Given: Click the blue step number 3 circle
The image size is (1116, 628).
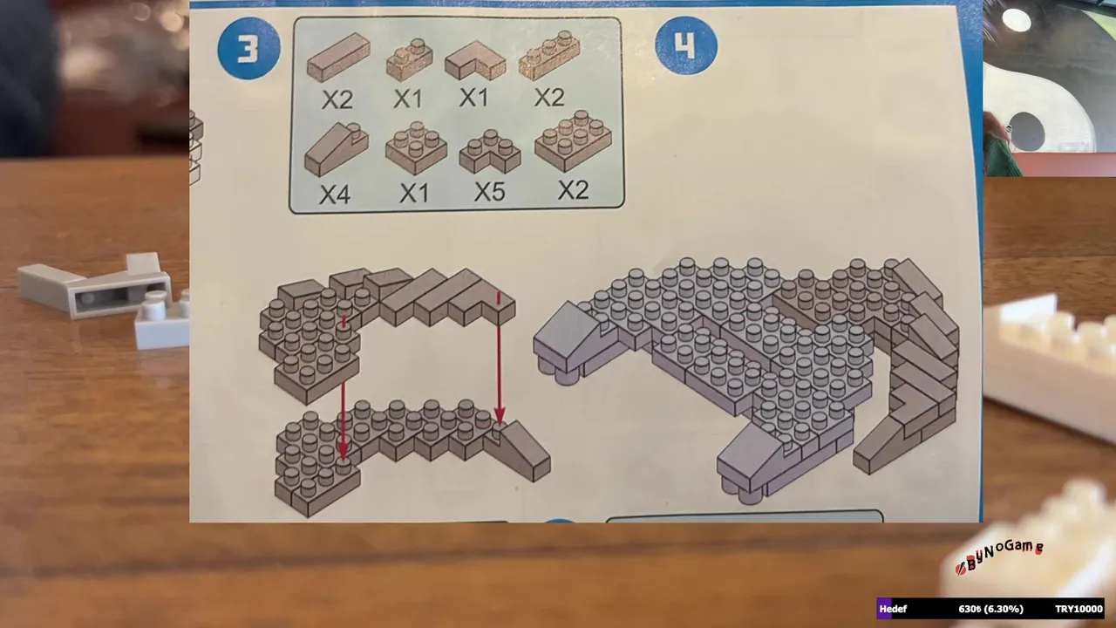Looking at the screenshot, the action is coord(248,48).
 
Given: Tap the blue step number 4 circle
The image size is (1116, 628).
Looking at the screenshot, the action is coord(686,45).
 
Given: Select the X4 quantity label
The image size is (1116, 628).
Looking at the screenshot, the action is coord(335,195).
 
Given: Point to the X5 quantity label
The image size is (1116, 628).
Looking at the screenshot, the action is coord(490,191).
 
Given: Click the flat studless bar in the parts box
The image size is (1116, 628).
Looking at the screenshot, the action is coord(338,58).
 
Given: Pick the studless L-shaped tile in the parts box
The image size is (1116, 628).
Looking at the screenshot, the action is coord(475,61).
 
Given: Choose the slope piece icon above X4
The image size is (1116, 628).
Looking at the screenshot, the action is coord(337,149).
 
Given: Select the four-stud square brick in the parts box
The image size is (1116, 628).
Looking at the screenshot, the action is coord(416,148).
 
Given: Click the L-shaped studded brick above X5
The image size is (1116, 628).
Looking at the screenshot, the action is coord(490,152).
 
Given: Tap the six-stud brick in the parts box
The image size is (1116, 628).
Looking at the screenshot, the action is coord(573,141).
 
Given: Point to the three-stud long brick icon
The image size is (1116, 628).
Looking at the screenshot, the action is coord(549,56).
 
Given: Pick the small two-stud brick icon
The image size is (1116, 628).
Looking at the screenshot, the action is coord(410,60).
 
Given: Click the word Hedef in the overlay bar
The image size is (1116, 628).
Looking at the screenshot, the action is coord(893,609).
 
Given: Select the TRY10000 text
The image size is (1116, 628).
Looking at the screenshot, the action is coord(1079,609).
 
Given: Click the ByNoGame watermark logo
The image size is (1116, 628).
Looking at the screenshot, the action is coord(999,556).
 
